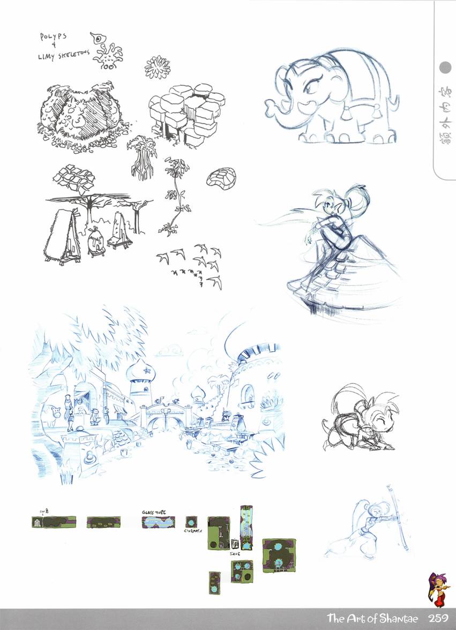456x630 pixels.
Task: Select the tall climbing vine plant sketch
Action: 173,196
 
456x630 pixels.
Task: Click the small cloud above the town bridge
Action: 170,352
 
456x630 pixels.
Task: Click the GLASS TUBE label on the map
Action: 156,512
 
